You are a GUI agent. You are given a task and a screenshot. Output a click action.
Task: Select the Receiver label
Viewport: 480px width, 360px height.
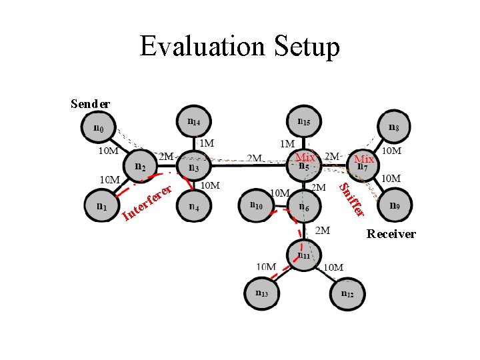pos(391,234)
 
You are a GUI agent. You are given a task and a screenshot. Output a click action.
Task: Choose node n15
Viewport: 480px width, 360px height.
pos(304,123)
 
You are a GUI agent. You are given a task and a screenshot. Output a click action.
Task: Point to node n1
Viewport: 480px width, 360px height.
pos(101,206)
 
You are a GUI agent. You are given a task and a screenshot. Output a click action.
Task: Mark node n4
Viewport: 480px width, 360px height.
pos(193,206)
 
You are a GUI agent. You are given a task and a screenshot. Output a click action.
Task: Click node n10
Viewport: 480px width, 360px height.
pos(257,206)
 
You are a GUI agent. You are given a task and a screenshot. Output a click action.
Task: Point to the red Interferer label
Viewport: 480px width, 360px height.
pos(149,201)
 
